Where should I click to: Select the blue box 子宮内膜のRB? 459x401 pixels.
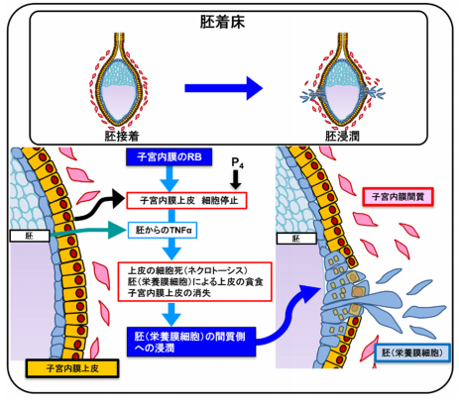click(x=166, y=157)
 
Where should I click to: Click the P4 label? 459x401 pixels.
click(x=236, y=159)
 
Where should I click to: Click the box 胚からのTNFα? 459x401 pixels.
click(x=164, y=231)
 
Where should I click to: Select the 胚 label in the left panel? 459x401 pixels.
click(x=22, y=238)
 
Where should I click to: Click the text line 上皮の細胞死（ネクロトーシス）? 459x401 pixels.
click(x=179, y=268)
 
